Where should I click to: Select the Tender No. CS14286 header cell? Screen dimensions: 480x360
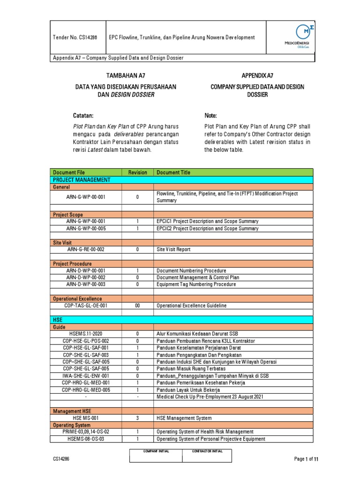coord(78,37)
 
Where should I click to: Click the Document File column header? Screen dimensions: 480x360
coord(69,172)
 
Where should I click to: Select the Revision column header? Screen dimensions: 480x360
coord(137,172)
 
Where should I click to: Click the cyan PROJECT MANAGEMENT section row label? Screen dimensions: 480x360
coord(82,180)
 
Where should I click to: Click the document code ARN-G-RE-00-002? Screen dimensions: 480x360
coord(86,249)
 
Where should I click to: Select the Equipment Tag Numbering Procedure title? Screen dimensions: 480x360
coord(196,285)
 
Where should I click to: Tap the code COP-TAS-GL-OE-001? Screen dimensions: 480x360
coord(86,306)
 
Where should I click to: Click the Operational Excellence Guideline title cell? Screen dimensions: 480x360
coord(191,306)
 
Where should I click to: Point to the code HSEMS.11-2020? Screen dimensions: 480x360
coord(86,334)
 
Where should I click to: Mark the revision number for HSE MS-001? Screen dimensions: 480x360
coord(137,418)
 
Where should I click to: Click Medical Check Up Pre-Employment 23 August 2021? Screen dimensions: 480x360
coord(210,397)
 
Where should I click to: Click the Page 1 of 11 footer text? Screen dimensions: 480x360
coord(306,459)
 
